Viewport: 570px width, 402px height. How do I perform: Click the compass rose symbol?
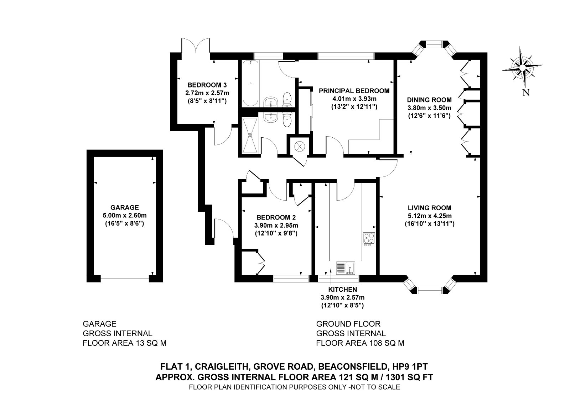[x=522, y=67]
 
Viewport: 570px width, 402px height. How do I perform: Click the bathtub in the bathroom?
[x=250, y=83]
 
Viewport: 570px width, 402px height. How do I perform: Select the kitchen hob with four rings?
[x=369, y=239]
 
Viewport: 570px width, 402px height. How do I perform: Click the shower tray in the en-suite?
[x=249, y=136]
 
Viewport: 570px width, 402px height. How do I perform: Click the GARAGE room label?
[x=124, y=207]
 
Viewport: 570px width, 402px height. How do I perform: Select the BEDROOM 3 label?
[x=207, y=85]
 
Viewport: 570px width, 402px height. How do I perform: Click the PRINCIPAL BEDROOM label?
[x=354, y=91]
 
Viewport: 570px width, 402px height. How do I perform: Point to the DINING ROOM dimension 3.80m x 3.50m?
[x=429, y=108]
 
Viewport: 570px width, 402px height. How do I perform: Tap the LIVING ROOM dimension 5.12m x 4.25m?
[x=429, y=216]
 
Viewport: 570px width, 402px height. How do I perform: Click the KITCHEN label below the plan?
[x=342, y=290]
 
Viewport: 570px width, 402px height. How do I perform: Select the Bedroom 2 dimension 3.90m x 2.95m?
[x=276, y=226]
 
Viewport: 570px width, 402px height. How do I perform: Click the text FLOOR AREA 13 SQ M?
[x=124, y=343]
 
